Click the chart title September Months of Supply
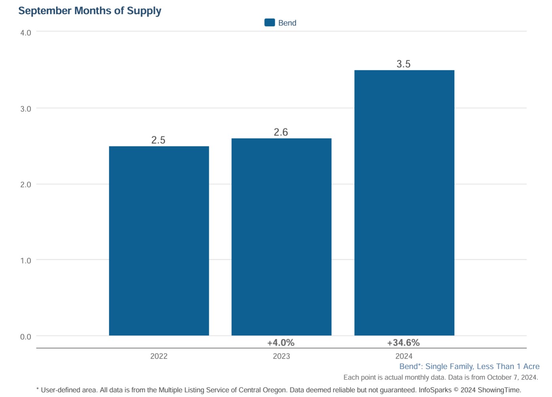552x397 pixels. tap(90, 11)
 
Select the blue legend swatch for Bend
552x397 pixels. tap(270, 22)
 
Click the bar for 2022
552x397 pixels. tap(159, 241)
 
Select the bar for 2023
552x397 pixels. tap(282, 237)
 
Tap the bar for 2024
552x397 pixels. tap(404, 203)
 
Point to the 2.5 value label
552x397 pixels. tap(158, 140)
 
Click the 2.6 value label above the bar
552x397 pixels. tap(281, 132)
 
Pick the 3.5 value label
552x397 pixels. tap(403, 64)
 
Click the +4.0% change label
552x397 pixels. tap(281, 343)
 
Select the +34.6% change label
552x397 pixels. tap(403, 343)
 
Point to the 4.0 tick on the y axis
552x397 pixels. tap(26, 33)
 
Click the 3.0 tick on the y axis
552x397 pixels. tap(26, 109)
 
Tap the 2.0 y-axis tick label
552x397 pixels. tap(26, 185)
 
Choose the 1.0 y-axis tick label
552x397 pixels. tap(26, 261)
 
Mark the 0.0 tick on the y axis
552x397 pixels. tap(26, 337)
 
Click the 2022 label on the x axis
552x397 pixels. tap(159, 356)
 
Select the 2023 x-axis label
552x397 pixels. tap(282, 356)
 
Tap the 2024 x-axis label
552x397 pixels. tap(404, 356)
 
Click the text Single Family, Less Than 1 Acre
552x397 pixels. tap(482, 366)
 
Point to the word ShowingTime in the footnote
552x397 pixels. tap(499, 390)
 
